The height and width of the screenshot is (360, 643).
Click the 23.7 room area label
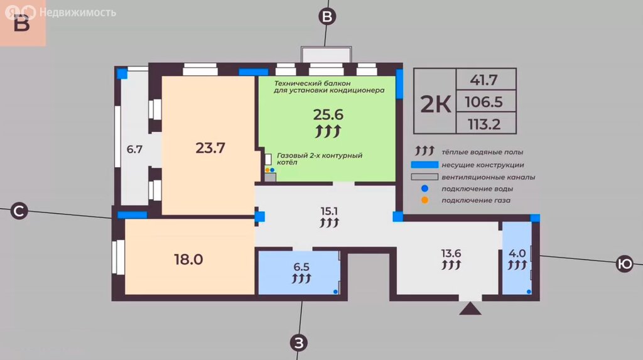[210, 148]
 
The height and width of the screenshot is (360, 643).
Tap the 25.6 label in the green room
[328, 114]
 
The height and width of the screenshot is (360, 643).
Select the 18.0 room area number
[188, 259]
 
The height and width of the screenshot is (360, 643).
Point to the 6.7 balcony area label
[134, 150]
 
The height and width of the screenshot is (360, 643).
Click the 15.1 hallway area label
[329, 211]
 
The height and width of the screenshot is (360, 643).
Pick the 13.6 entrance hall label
[451, 253]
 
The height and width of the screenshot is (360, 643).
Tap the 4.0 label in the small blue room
[517, 254]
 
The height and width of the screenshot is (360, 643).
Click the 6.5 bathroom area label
[301, 267]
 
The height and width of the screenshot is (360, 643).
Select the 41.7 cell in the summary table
[484, 80]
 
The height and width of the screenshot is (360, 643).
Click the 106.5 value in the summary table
[484, 102]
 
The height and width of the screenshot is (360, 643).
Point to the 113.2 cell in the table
[484, 124]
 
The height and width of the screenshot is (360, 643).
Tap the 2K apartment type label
[436, 104]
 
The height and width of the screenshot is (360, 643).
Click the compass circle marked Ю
[625, 263]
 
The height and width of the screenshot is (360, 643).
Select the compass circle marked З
[299, 343]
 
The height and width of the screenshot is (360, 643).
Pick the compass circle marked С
[19, 211]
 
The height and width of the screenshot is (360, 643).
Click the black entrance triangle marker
[470, 308]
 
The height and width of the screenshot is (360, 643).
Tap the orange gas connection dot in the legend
[425, 200]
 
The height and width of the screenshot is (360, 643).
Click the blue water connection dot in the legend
[425, 188]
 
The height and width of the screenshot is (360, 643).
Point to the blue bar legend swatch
[425, 165]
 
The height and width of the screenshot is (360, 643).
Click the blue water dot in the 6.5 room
[335, 292]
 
